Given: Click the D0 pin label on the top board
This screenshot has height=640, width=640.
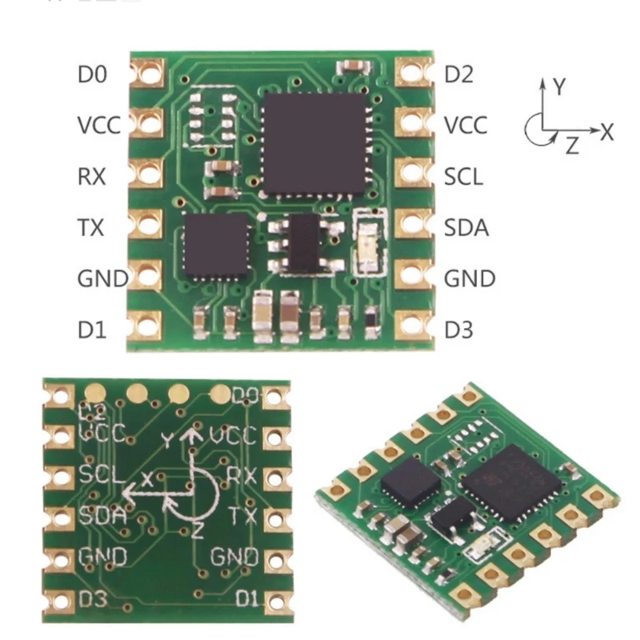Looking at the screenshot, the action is (92, 75).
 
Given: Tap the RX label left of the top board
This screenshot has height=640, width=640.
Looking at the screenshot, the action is (92, 176).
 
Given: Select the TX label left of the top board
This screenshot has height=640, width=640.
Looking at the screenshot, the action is (92, 228).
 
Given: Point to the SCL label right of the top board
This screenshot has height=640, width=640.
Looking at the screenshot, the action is (464, 176).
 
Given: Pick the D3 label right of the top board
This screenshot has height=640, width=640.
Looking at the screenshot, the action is (459, 328).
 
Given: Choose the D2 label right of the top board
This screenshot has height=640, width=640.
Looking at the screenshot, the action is (459, 75).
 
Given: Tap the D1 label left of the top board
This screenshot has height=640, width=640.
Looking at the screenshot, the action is (92, 328).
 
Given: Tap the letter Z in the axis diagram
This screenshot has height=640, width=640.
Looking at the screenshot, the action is (571, 146).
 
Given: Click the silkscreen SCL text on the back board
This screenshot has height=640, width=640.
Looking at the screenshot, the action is (101, 474).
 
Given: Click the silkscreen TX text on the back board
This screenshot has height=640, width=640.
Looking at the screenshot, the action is (242, 514).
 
